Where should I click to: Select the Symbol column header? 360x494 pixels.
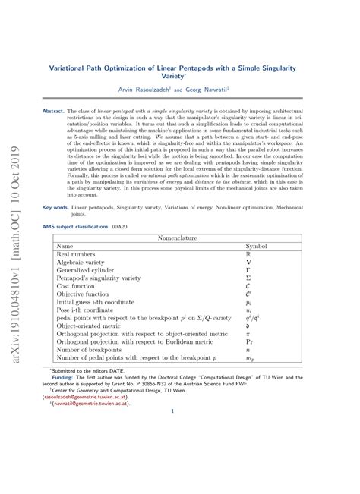click(x=257, y=247)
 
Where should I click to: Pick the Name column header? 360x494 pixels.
click(x=65, y=247)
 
